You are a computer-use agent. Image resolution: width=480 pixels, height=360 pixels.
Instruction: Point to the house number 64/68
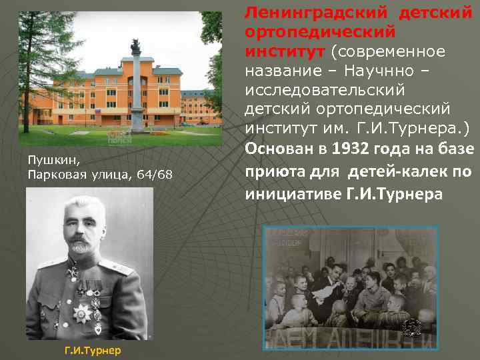pos(154,175)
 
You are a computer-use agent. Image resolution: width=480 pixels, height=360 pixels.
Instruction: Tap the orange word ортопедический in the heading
pos(320,31)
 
